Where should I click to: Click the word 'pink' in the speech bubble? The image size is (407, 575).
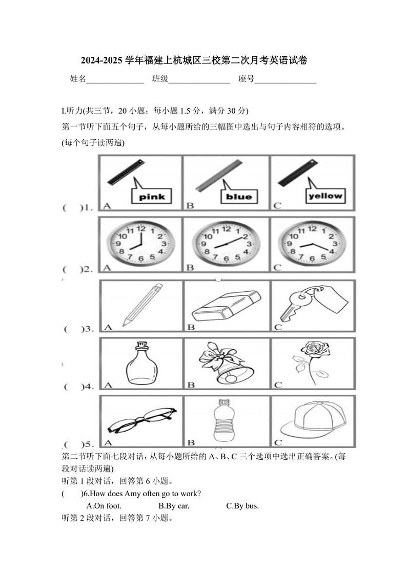(152, 197)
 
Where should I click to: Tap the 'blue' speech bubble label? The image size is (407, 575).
(239, 196)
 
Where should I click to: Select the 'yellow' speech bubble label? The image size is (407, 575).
(325, 195)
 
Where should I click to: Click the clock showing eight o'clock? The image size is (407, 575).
(140, 243)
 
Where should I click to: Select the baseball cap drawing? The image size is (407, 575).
(314, 418)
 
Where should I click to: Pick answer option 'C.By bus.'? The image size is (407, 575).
(242, 506)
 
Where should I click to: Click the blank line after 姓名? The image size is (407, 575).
(115, 79)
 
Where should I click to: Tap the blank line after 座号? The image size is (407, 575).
(285, 79)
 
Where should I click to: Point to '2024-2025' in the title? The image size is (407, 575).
(102, 61)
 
